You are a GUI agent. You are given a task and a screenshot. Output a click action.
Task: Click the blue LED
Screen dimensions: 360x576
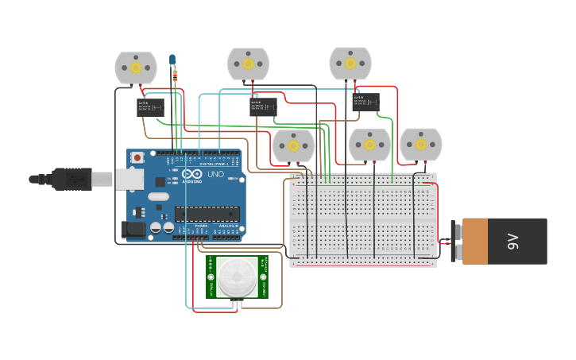click(x=172, y=60)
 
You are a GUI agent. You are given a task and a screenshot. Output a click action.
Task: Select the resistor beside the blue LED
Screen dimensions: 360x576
click(x=175, y=76)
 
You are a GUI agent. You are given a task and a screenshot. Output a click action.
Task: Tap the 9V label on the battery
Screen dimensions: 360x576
click(x=513, y=241)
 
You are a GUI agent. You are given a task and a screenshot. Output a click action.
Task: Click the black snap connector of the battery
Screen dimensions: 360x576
click(x=455, y=241)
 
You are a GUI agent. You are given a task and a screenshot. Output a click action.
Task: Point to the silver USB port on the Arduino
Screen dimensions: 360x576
click(x=129, y=179)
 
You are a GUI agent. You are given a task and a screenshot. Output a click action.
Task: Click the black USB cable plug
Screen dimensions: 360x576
click(x=72, y=179)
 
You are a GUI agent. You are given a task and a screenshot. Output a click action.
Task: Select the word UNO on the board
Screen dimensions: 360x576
click(x=215, y=174)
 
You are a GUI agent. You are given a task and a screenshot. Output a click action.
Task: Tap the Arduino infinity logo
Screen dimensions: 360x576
click(x=191, y=174)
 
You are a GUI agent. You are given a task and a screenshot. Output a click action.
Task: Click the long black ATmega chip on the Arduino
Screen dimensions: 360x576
click(x=207, y=213)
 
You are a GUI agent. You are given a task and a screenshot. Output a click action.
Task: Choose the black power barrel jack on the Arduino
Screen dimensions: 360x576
click(x=133, y=230)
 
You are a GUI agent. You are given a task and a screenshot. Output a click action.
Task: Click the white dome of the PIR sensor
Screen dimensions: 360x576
click(x=238, y=276)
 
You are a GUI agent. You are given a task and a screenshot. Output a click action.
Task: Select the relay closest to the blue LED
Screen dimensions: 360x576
click(x=150, y=106)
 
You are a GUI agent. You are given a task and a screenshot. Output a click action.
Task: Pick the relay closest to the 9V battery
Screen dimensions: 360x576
click(x=366, y=101)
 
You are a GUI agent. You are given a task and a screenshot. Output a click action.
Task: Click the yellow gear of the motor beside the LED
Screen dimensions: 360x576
click(x=136, y=68)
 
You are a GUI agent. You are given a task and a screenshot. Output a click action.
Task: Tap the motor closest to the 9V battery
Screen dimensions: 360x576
click(x=420, y=145)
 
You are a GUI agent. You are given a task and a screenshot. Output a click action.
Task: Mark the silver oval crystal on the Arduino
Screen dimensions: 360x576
click(x=158, y=196)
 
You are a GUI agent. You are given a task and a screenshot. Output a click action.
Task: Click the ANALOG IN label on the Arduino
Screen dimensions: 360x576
click(x=227, y=226)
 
